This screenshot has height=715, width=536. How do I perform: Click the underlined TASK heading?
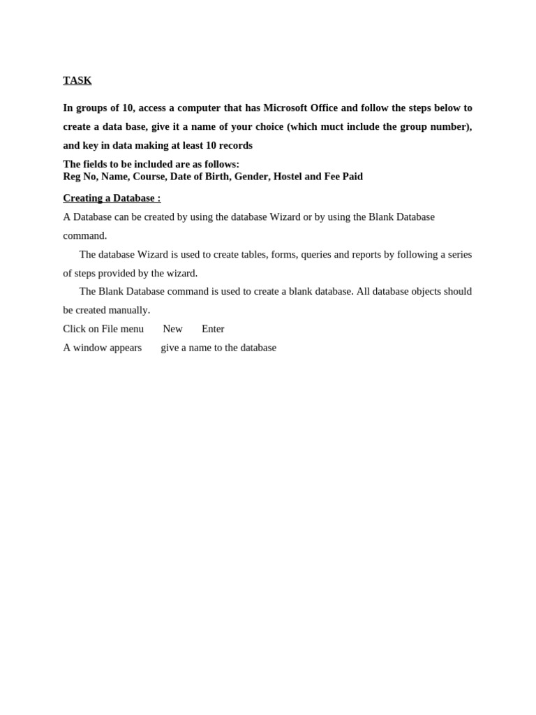pyautogui.click(x=77, y=80)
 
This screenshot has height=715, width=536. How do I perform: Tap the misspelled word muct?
pyautogui.click(x=332, y=126)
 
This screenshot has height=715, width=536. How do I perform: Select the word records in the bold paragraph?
pyautogui.click(x=236, y=145)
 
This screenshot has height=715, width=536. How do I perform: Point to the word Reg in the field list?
pyautogui.click(x=72, y=177)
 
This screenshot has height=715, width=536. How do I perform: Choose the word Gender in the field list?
pyautogui.click(x=251, y=177)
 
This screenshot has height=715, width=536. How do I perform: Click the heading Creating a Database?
pyautogui.click(x=111, y=198)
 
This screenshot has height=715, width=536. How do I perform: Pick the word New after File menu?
pyautogui.click(x=172, y=329)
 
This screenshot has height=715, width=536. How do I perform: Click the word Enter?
pyautogui.click(x=213, y=329)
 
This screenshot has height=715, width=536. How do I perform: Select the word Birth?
pyautogui.click(x=216, y=177)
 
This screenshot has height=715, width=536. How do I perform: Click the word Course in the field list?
pyautogui.click(x=149, y=177)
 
